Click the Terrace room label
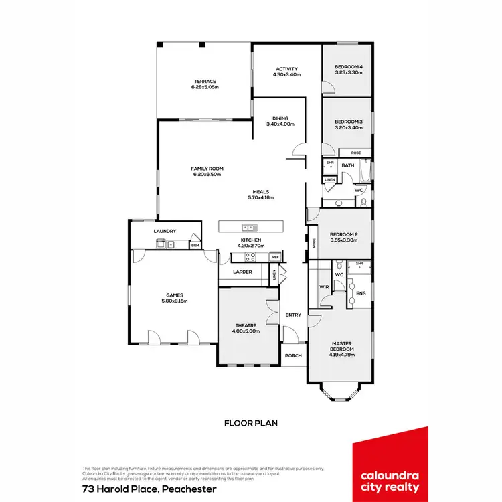coord(205,82)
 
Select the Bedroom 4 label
coord(348,66)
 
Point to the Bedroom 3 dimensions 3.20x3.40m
coord(348,127)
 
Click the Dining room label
coord(280,118)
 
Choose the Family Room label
coord(207,169)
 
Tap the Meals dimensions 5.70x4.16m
coord(260,197)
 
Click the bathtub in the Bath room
coord(364,173)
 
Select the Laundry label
coord(165,232)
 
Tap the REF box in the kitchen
coord(275,257)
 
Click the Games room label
coord(175,295)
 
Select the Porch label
coord(293,355)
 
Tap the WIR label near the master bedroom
coord(325,287)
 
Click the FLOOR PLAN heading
coord(250,423)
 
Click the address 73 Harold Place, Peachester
coord(149,489)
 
